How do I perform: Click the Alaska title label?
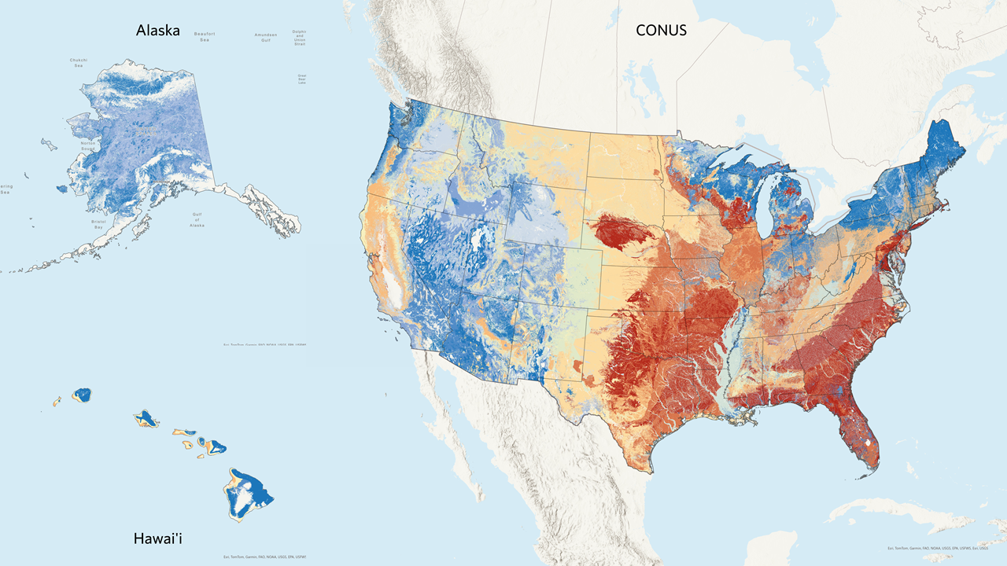157,31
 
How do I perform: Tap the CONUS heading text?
662,31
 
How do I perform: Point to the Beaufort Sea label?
205,37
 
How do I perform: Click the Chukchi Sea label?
78,63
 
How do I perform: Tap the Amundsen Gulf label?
265,37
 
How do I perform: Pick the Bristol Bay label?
98,224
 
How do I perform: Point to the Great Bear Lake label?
301,79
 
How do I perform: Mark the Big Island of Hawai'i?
250,493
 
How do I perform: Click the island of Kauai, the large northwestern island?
82,393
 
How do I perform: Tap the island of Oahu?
146,418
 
